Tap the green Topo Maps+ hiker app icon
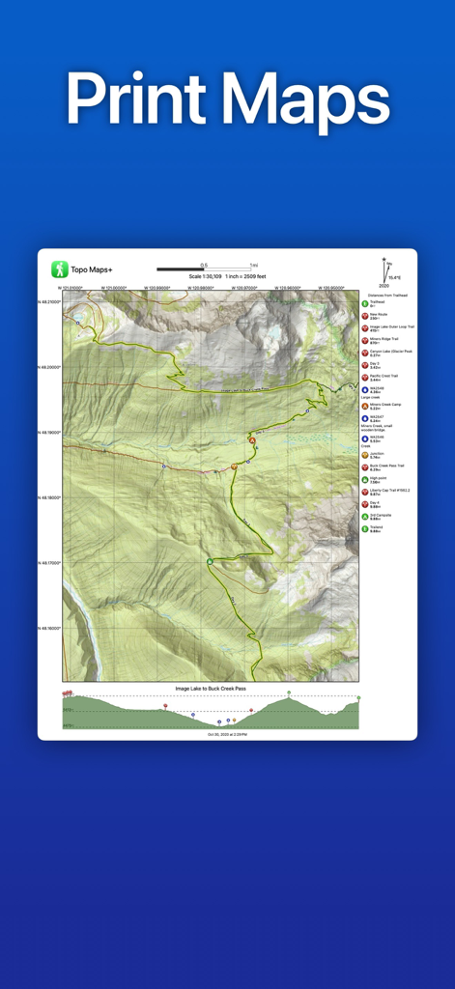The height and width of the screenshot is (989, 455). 60,269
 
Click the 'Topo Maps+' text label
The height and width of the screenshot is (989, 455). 92,270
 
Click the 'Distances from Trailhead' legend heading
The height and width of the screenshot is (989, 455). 387,295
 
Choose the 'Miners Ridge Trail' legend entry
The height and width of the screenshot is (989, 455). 386,341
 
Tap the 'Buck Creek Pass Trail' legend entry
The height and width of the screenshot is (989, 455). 386,467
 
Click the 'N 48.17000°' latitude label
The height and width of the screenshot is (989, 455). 49,563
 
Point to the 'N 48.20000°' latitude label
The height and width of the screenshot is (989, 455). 49,367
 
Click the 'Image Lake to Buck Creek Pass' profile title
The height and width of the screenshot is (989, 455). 211,689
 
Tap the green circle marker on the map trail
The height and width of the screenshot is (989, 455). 209,561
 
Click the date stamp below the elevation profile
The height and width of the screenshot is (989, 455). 227,734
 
